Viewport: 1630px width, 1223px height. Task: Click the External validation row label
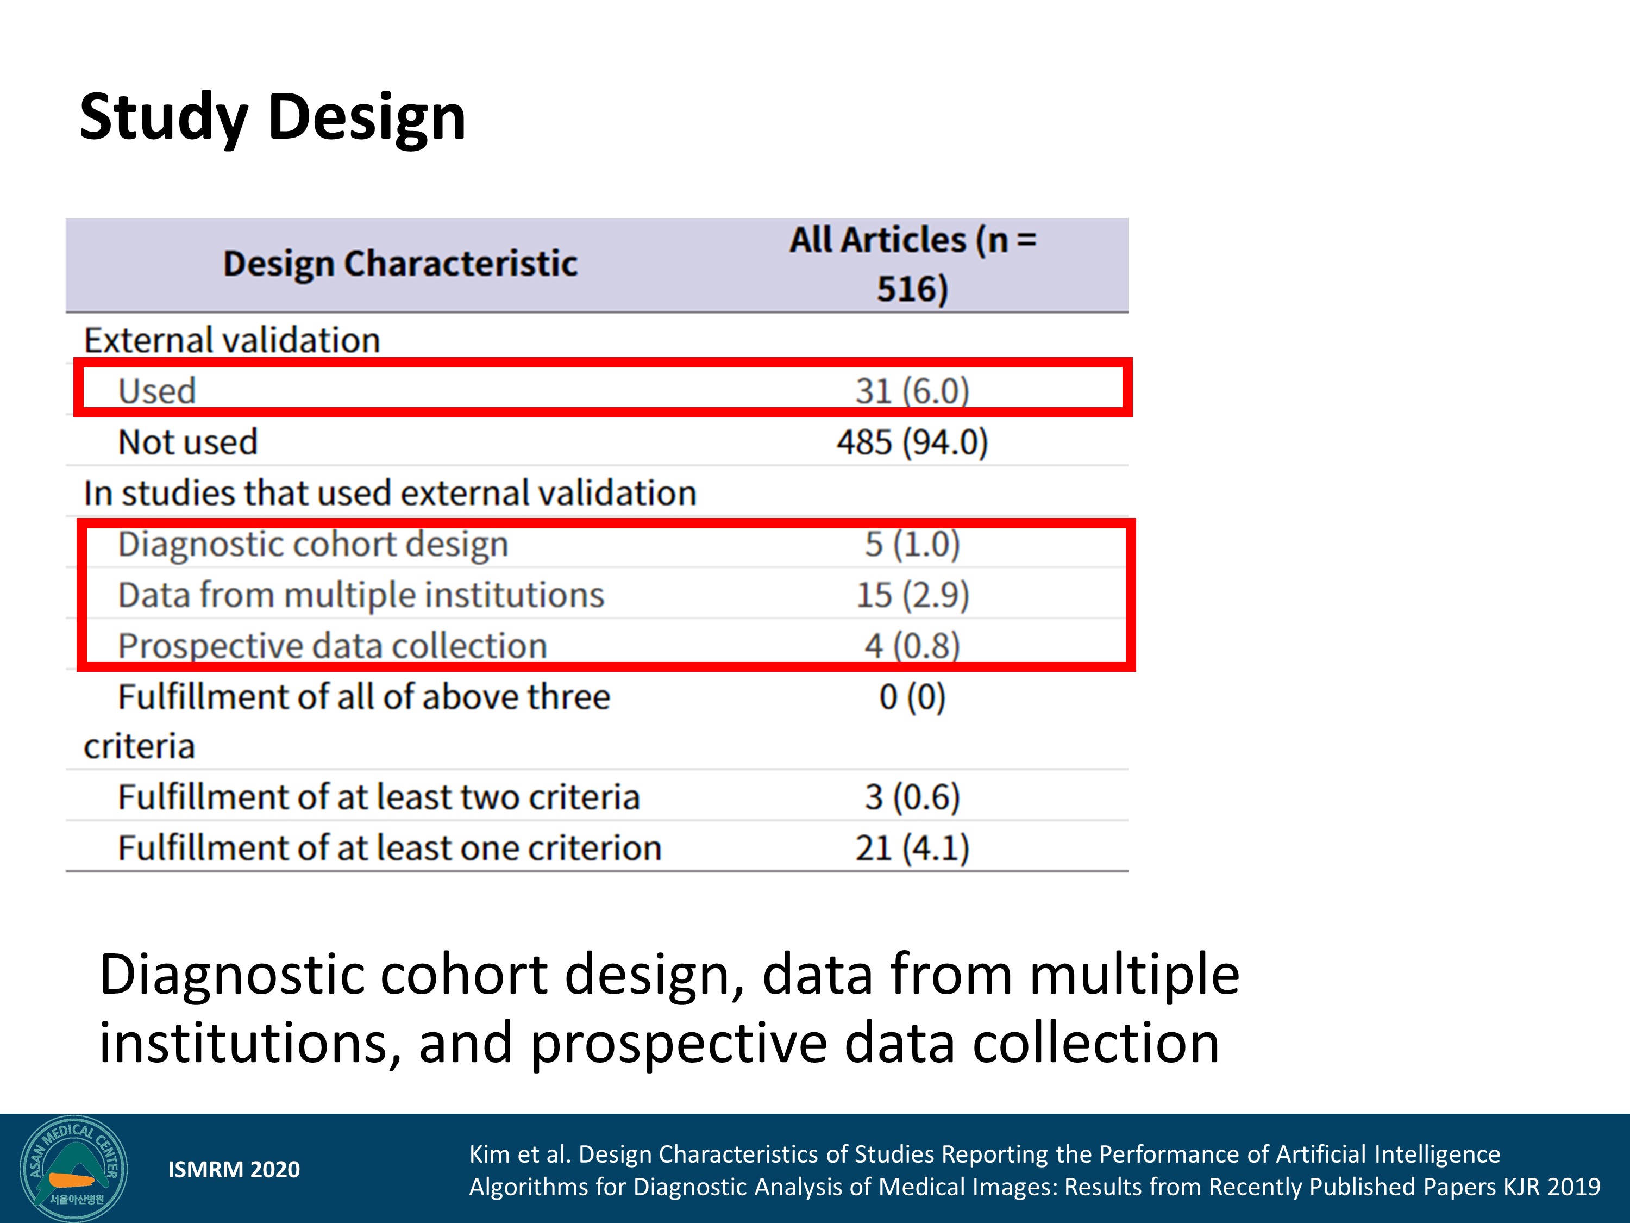pos(232,341)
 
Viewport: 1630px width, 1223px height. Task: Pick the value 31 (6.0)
pos(912,391)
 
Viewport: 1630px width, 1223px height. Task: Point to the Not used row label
pos(188,442)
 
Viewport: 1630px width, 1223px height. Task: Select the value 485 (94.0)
pos(912,442)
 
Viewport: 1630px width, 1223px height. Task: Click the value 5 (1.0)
pos(912,544)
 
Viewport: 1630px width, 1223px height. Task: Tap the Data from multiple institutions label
pos(361,595)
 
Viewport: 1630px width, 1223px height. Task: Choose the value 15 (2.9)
pos(912,595)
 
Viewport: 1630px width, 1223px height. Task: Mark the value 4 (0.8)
pos(912,646)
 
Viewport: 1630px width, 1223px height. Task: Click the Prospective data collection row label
pos(333,646)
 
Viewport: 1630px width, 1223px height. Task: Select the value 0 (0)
pos(912,697)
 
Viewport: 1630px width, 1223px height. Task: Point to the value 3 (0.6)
pos(912,797)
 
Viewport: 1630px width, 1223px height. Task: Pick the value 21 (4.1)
pos(912,848)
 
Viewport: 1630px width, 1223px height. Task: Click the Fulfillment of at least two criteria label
pos(379,797)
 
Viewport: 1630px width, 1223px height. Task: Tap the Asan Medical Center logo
pos(74,1169)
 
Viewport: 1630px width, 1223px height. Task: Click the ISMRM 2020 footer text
pos(234,1169)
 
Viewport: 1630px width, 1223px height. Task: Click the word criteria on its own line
pos(139,747)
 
